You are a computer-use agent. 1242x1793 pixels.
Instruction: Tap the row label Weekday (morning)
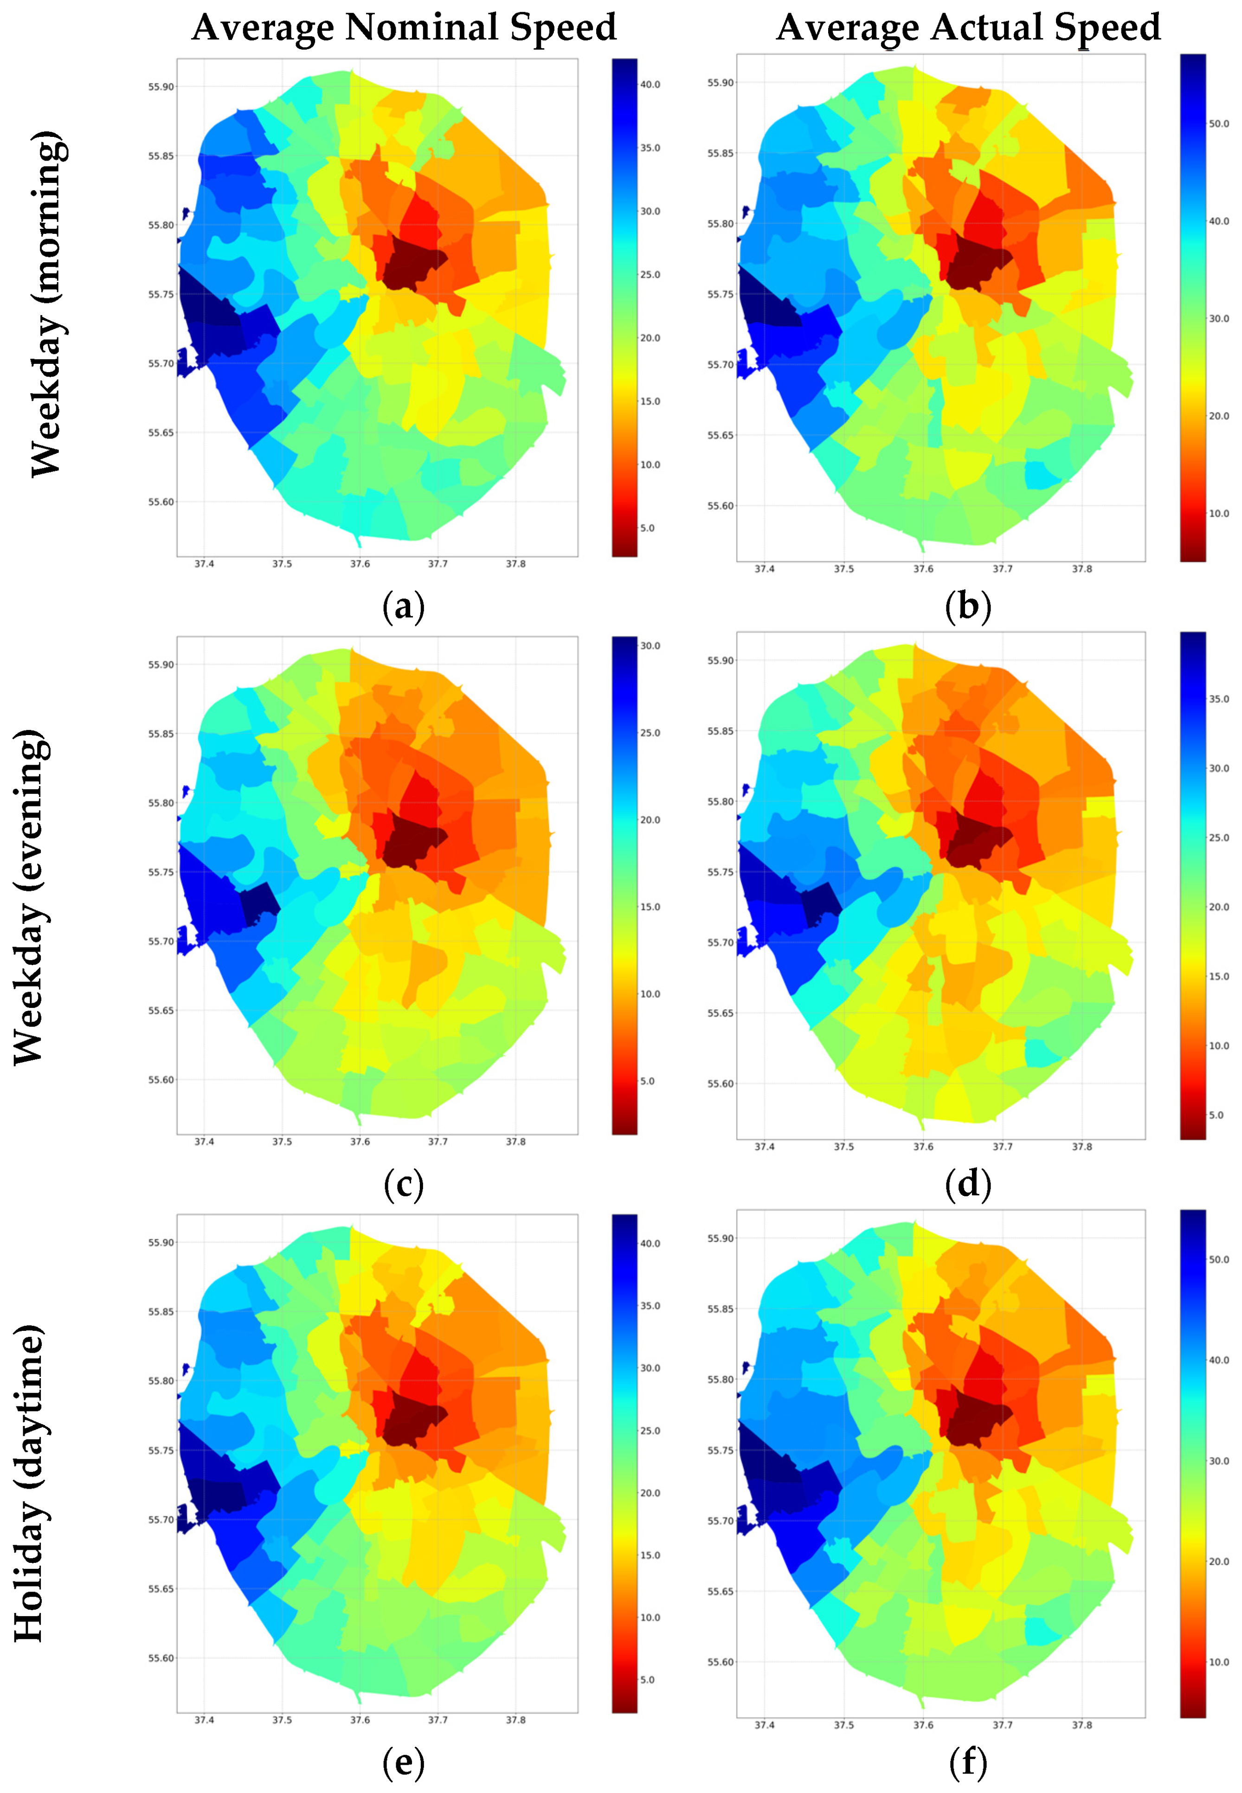click(47, 303)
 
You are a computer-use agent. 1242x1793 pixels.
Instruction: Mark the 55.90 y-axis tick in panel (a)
click(161, 86)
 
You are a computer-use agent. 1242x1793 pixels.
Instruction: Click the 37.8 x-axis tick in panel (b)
click(1081, 569)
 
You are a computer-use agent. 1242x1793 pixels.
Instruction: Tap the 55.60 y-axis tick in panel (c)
click(161, 1079)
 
